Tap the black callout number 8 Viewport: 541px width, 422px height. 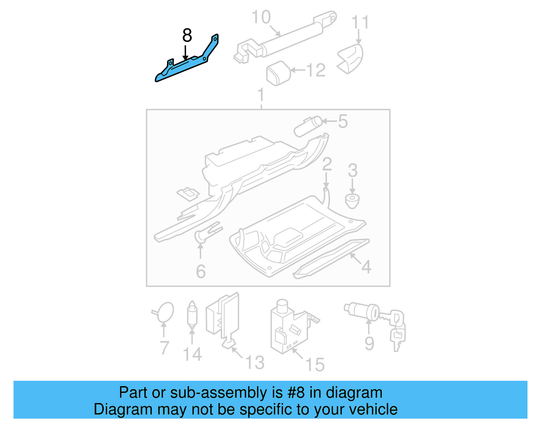coord(187,35)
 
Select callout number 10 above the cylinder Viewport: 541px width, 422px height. coord(261,17)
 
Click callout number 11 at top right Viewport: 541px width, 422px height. coord(360,23)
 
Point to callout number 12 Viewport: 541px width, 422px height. coord(316,71)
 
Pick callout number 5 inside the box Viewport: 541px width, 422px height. coord(343,121)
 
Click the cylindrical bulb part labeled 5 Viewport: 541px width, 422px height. coord(308,126)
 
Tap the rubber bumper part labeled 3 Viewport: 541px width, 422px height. coord(352,201)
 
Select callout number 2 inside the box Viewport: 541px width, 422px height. coord(327,165)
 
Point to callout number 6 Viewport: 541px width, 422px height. coord(201,272)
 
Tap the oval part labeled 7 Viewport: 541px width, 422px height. coord(166,312)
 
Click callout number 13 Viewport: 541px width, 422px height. coord(255,363)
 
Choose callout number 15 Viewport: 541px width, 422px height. coord(314,365)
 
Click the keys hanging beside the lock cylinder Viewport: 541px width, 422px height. coord(397,329)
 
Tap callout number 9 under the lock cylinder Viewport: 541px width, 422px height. coord(369,344)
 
